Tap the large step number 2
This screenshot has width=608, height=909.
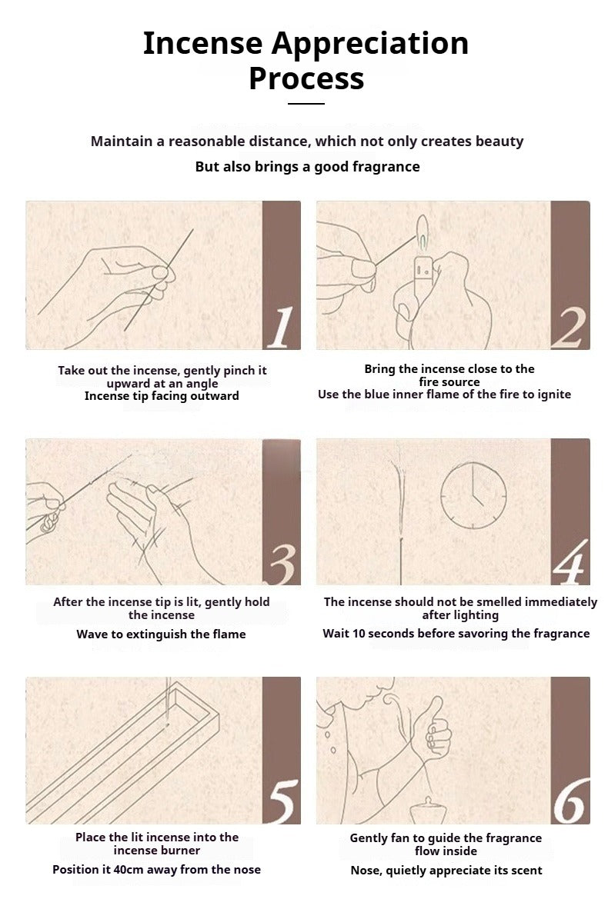click(x=569, y=328)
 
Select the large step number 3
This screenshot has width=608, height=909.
click(x=282, y=564)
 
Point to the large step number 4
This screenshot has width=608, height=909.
click(x=570, y=562)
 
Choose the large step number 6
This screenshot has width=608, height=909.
click(x=570, y=801)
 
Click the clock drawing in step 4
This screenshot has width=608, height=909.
click(x=473, y=495)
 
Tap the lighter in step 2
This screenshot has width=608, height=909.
click(x=423, y=272)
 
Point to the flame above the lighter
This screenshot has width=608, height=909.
click(x=423, y=232)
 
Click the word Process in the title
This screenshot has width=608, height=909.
click(x=306, y=79)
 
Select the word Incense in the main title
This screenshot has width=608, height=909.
click(x=202, y=43)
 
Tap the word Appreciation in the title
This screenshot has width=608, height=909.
click(x=370, y=44)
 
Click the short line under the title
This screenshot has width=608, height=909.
click(x=306, y=104)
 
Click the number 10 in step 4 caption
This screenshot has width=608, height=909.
click(x=359, y=633)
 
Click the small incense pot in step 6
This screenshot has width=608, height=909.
click(x=428, y=811)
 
